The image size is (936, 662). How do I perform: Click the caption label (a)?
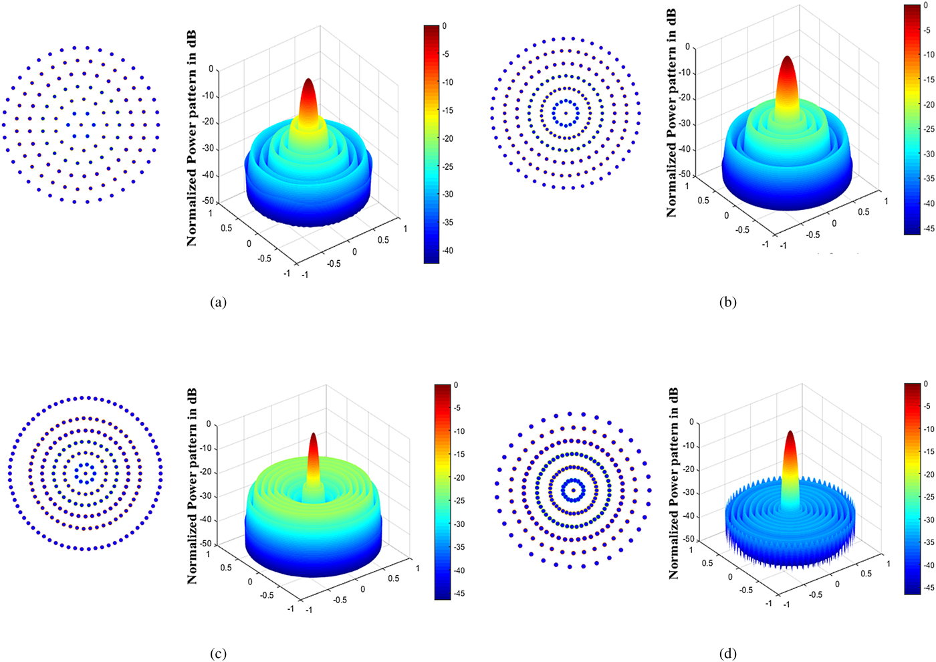219,302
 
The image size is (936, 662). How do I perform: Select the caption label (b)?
727,302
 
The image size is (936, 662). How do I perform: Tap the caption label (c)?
219,654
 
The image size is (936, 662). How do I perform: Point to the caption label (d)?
727,654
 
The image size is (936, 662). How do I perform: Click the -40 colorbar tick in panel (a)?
447,251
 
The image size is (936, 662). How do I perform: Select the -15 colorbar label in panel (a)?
447,110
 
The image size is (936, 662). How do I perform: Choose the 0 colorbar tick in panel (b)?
925,5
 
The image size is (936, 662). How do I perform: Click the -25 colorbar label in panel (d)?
929,497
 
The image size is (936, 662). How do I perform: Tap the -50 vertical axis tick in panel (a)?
209,201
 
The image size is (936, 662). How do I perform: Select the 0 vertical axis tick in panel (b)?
687,47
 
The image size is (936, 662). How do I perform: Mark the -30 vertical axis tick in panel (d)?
687,493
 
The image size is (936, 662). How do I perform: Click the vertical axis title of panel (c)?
193,486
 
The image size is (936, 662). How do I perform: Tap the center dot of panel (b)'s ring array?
566,112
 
